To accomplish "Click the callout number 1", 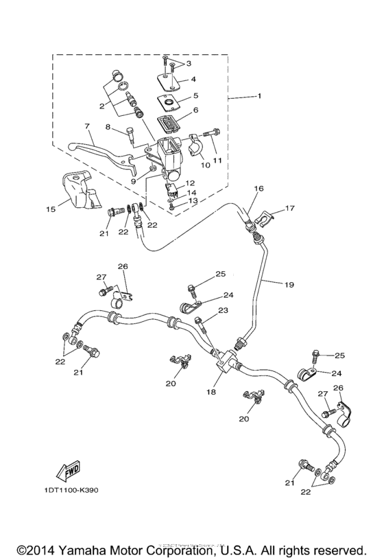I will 259,97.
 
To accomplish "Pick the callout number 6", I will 195,109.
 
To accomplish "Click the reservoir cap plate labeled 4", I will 170,82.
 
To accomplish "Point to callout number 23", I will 222,312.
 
